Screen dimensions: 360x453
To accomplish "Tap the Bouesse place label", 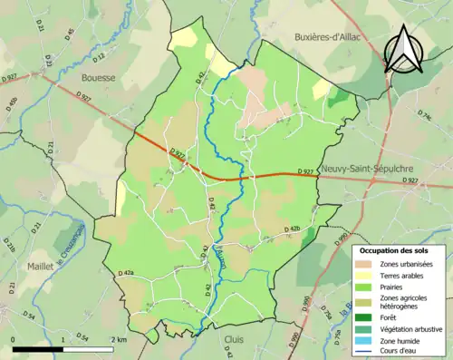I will (x=98, y=78).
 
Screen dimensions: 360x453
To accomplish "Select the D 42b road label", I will (x=291, y=229).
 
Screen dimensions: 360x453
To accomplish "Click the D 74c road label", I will (x=423, y=117).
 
